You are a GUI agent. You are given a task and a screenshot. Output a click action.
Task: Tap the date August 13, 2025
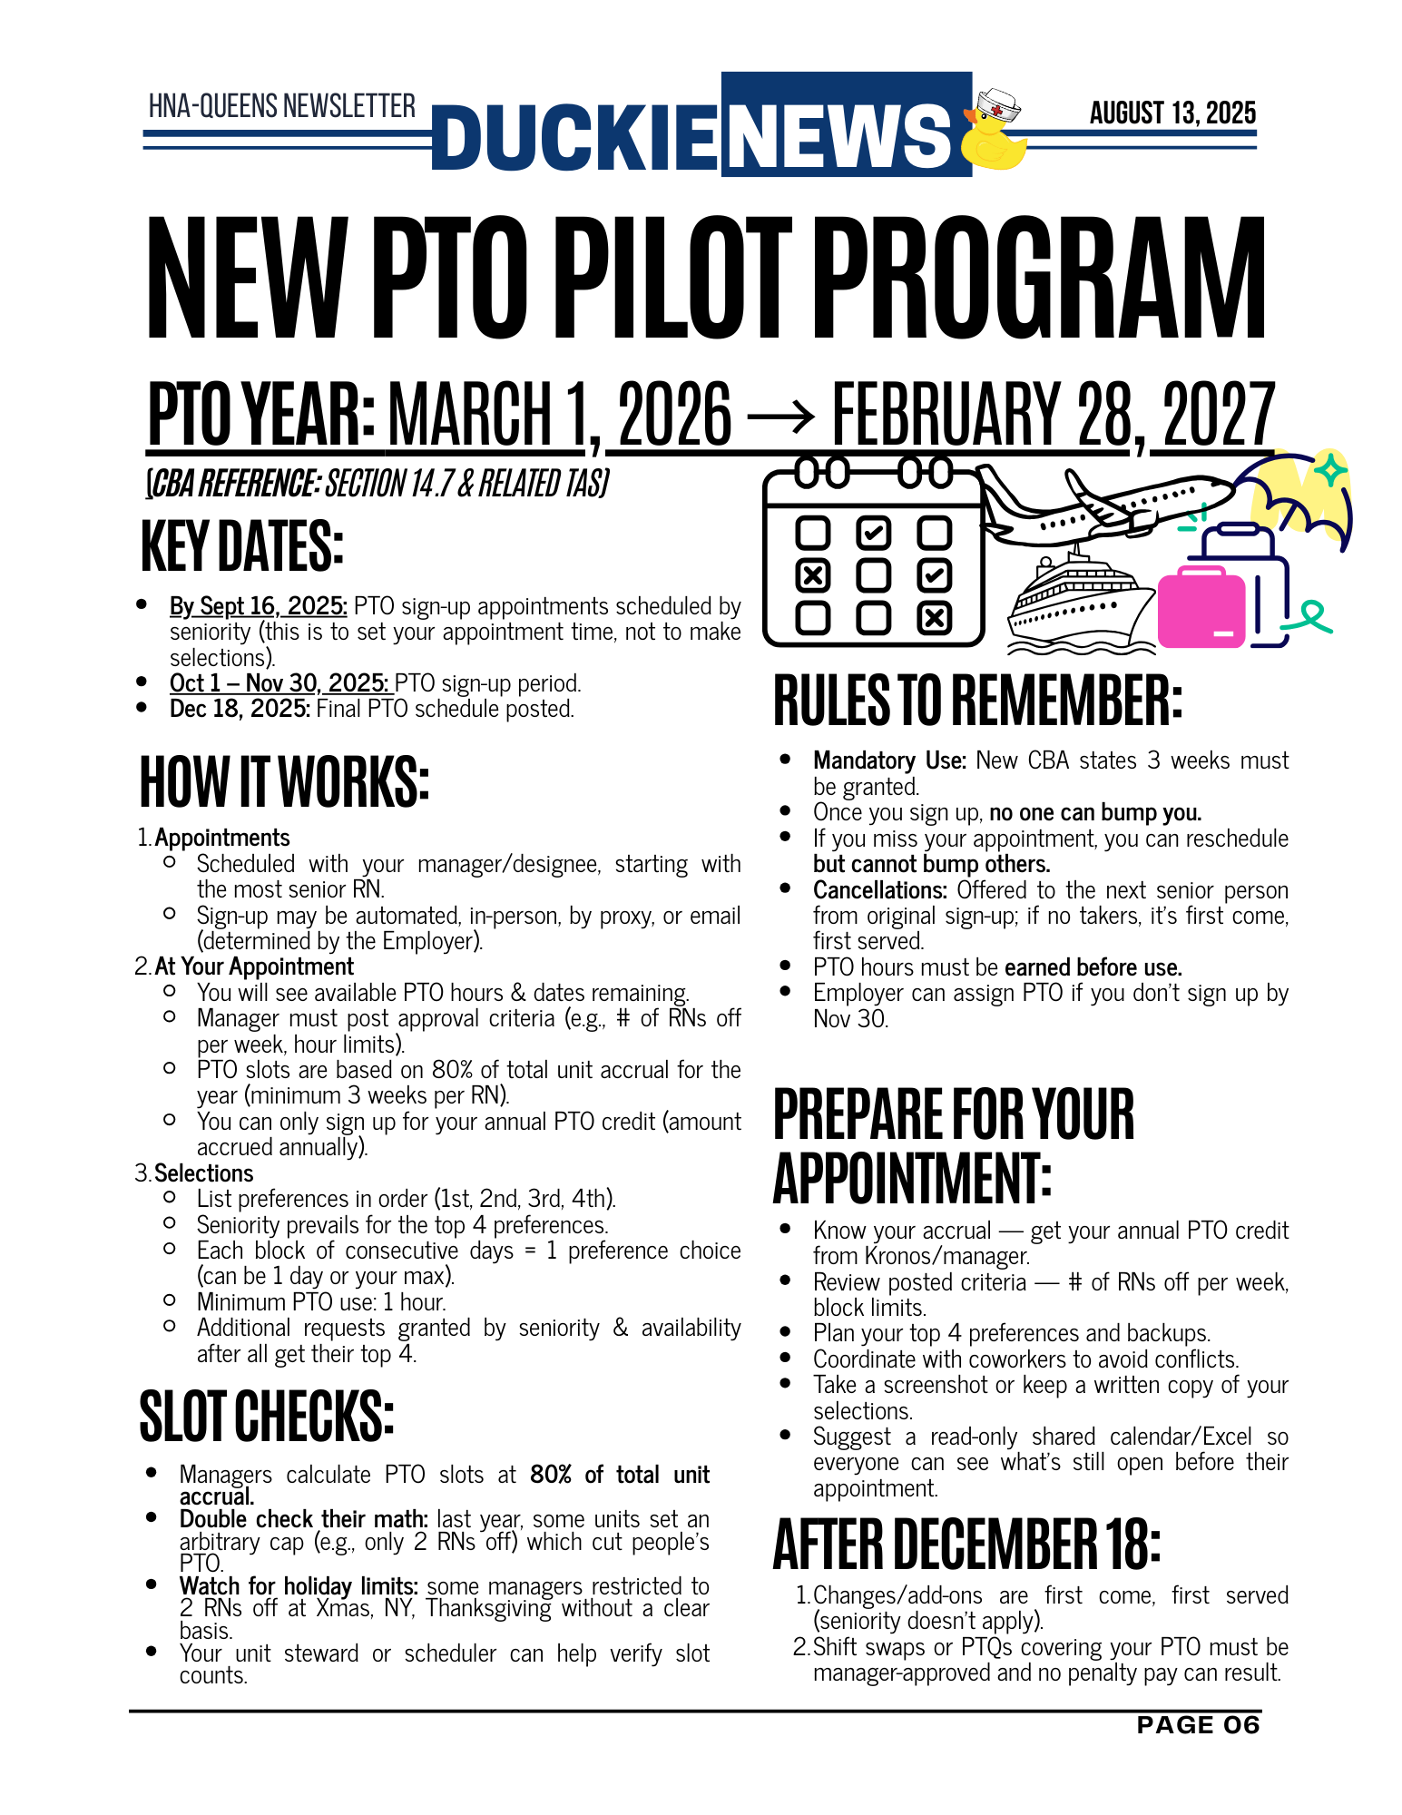pos(1172,113)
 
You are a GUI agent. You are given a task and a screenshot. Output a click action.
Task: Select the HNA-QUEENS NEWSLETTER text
pos(281,106)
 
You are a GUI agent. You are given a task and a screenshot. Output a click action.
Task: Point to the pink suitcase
pos(1201,607)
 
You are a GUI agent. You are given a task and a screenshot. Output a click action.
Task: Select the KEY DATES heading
pos(242,546)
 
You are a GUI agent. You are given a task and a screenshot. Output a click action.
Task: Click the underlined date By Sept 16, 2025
pos(258,606)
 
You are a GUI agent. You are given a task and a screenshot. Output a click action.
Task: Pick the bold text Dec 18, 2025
pos(240,709)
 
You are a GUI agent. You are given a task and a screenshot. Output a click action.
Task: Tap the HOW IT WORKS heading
pos(283,781)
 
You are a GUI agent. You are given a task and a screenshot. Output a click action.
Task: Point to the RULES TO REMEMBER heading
pos(977,701)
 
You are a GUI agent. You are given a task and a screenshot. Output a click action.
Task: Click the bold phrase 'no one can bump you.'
pos(1094,812)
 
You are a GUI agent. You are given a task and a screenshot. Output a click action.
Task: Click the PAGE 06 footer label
pos(1198,1725)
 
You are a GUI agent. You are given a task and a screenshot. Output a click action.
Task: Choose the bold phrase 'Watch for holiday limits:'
pos(298,1586)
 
